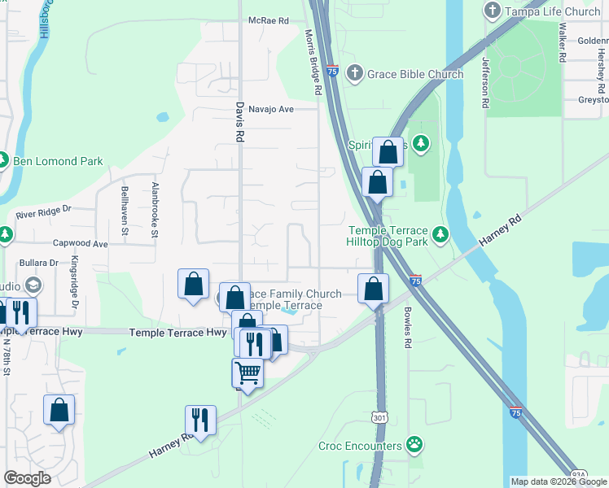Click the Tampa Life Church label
tap(553, 11)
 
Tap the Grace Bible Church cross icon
tap(354, 74)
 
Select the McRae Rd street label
tap(269, 20)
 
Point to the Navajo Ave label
tap(270, 108)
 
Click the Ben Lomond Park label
tap(58, 161)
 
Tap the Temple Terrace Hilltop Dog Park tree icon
tap(440, 235)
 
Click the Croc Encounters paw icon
tap(414, 446)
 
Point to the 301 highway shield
tap(380, 417)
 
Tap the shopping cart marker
tap(248, 373)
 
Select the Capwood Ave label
tap(81, 243)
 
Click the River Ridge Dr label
tap(44, 214)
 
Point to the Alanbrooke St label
tap(155, 209)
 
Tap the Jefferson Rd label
tap(485, 82)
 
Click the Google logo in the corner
tap(27, 477)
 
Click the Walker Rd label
tap(562, 42)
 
